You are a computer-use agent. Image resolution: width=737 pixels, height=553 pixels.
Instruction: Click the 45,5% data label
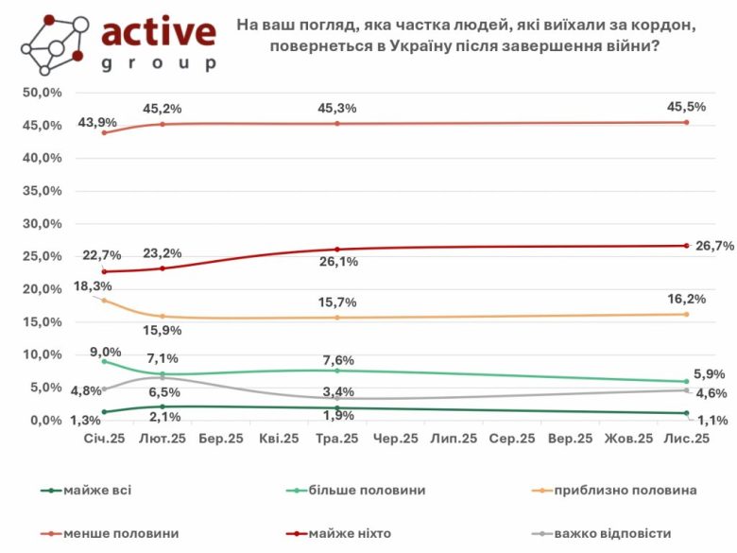(686, 107)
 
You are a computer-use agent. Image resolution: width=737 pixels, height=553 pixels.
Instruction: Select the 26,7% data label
(713, 246)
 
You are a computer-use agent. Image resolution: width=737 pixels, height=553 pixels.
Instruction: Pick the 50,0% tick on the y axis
(43, 93)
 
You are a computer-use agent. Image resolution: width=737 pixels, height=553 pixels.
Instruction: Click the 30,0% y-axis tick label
(43, 224)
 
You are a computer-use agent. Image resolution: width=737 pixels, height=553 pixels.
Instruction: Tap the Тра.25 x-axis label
(337, 439)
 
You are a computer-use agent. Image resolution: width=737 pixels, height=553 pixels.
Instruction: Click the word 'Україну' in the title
(427, 48)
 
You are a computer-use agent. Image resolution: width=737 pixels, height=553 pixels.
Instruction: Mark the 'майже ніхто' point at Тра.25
(337, 249)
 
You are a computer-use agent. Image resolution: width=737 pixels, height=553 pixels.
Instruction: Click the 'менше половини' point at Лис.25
(686, 122)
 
